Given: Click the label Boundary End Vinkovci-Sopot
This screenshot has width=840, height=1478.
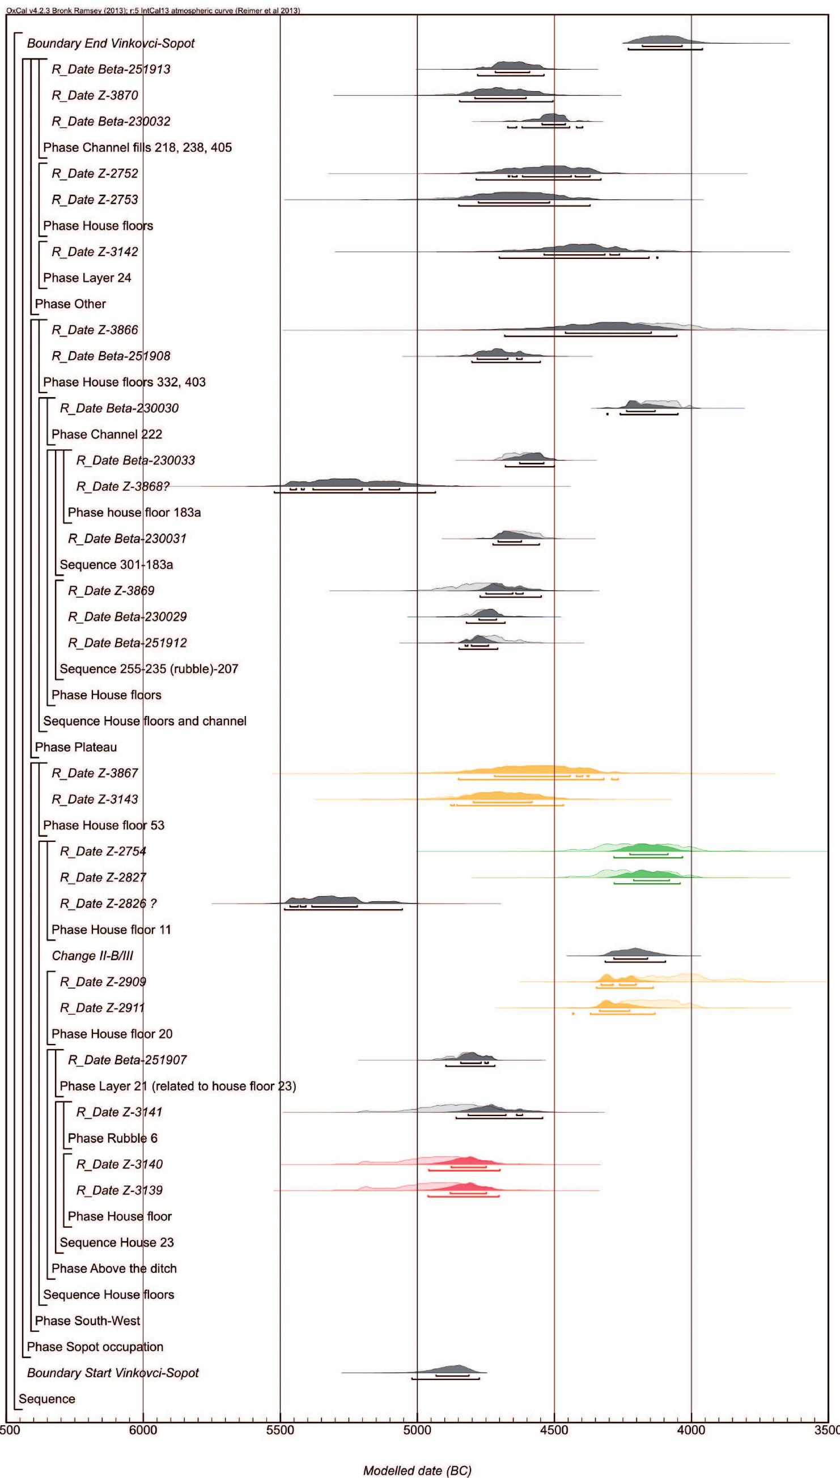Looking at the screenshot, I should (x=111, y=43).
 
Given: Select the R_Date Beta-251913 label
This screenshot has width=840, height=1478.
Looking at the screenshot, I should (x=111, y=69).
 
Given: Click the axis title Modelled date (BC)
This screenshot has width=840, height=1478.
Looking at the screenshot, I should (x=417, y=1471).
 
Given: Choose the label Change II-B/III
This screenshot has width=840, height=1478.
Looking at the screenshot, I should (x=92, y=956).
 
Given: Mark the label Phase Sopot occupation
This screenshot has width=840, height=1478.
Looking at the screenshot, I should (x=95, y=1347).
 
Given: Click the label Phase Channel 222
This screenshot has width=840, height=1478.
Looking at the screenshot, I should (x=107, y=434).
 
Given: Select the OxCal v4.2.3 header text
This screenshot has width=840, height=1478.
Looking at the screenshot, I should (x=153, y=10).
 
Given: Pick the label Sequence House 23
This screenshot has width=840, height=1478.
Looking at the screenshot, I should (x=117, y=1242).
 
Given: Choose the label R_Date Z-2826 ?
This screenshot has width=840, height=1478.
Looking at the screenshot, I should (x=108, y=904).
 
